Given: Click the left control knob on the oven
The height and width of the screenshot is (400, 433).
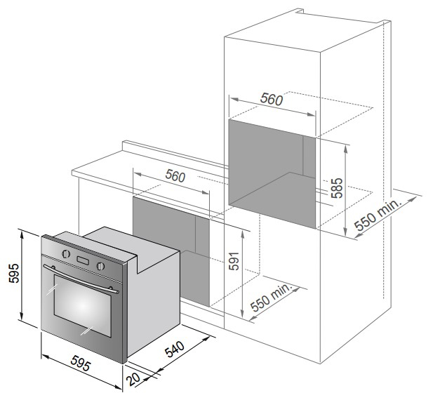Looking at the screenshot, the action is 66,254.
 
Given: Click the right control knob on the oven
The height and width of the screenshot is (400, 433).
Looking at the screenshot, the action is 100,266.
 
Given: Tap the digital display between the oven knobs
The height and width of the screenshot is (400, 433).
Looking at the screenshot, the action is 83,260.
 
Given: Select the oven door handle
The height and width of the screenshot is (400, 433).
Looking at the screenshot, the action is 81,279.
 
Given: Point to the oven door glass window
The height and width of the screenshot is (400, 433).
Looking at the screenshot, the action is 83,306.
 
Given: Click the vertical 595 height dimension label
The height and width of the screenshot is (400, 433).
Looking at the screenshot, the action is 14,273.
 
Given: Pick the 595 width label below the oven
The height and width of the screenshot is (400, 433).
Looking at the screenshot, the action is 81,364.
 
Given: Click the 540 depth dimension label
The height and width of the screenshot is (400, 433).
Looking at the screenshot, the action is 175,349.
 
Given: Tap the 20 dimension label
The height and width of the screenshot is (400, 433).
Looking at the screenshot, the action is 133,379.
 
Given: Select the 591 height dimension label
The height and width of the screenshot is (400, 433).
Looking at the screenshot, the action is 234,261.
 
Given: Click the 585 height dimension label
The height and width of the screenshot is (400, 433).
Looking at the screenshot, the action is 337,188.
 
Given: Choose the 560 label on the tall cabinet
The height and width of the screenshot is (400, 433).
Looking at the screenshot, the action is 272,99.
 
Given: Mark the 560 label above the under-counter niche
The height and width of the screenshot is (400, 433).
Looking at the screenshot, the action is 175,176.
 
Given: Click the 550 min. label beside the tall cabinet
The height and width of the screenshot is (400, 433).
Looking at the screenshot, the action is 378,215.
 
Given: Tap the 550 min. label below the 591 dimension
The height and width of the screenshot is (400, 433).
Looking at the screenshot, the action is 271,298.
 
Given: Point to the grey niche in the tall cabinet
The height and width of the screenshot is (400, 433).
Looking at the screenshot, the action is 272,174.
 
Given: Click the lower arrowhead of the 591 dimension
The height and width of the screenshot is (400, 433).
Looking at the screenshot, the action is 242,314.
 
